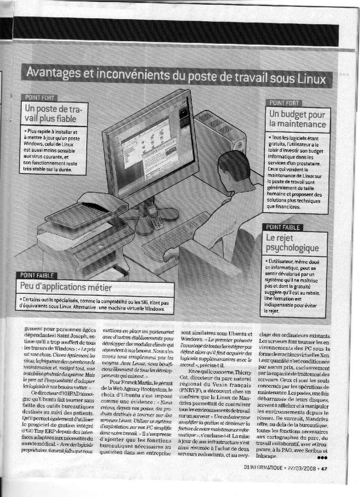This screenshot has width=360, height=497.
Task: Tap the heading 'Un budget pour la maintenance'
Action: pyautogui.click(x=297, y=119)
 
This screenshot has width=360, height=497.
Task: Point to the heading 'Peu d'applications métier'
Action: pyautogui.click(x=66, y=287)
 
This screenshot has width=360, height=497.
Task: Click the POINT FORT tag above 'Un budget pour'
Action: pyautogui.click(x=283, y=102)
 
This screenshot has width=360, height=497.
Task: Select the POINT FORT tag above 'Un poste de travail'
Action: pyautogui.click(x=41, y=97)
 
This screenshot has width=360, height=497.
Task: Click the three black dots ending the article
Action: pyautogui.click(x=323, y=457)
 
